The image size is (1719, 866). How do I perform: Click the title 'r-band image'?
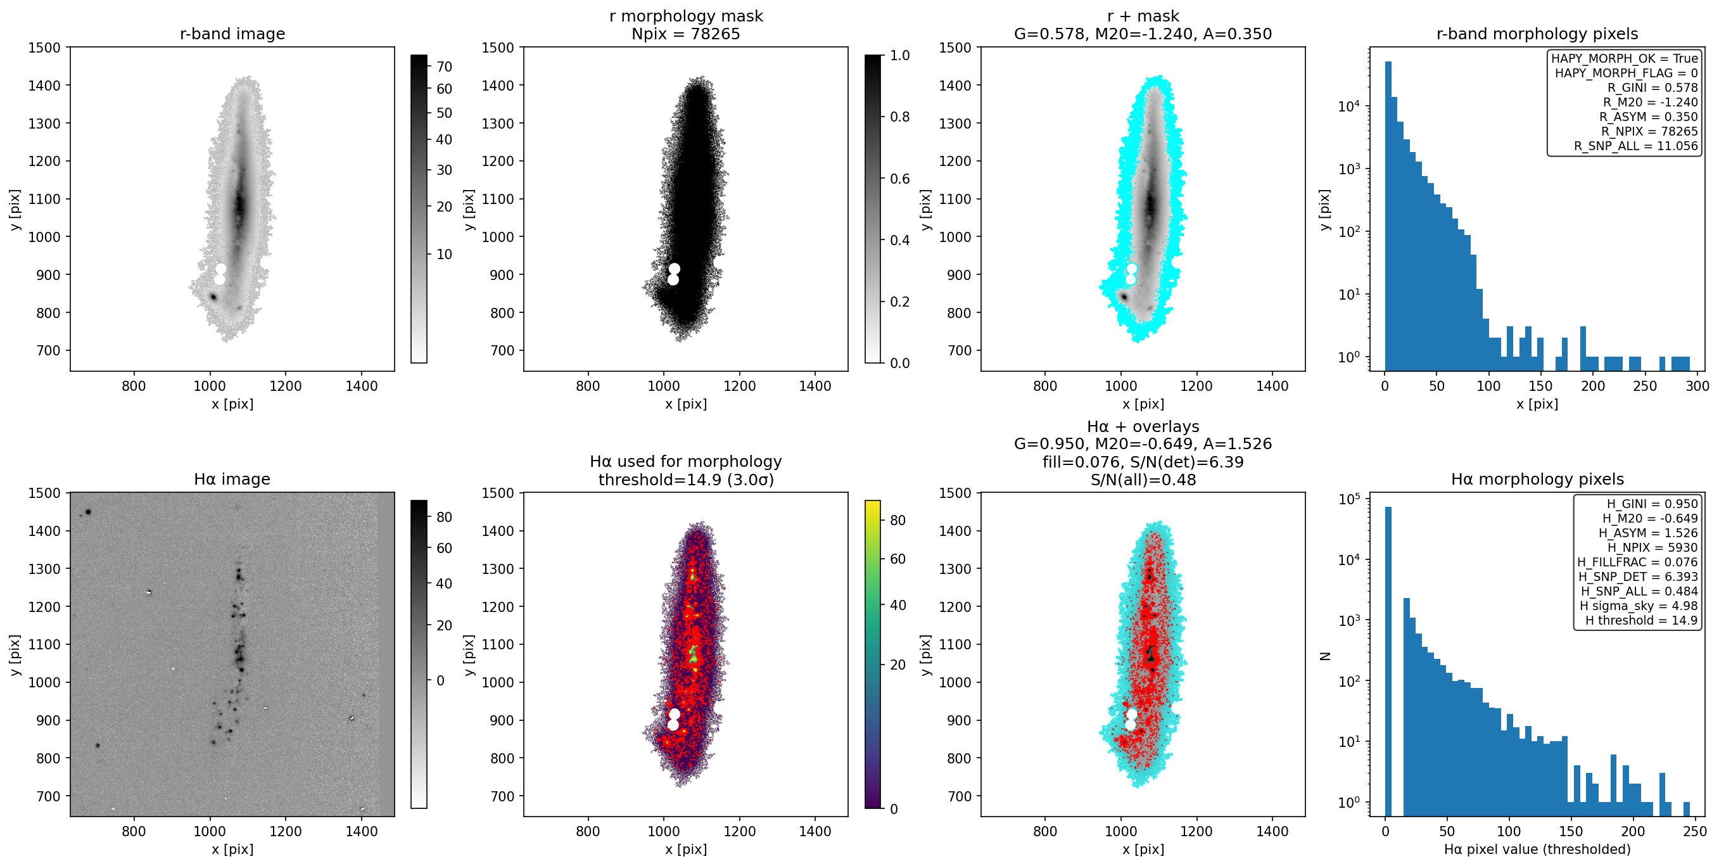pyautogui.click(x=232, y=34)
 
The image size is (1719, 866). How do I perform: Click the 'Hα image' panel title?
pyautogui.click(x=232, y=479)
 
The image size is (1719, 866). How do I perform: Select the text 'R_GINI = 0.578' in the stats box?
pyautogui.click(x=1652, y=87)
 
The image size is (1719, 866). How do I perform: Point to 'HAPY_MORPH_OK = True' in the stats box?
pyautogui.click(x=1624, y=58)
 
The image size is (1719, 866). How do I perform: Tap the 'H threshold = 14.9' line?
pyautogui.click(x=1642, y=620)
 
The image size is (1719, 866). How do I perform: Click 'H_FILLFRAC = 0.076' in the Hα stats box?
pyautogui.click(x=1637, y=562)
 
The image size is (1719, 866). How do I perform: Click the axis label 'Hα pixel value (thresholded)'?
pyautogui.click(x=1537, y=850)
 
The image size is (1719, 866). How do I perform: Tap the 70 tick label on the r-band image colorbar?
pyautogui.click(x=445, y=67)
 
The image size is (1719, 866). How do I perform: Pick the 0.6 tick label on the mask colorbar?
pyautogui.click(x=900, y=178)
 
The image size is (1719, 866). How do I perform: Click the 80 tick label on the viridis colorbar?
pyautogui.click(x=898, y=520)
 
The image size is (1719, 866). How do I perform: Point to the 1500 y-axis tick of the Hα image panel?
pyautogui.click(x=44, y=493)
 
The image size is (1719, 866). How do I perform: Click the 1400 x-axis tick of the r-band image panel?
pyautogui.click(x=362, y=386)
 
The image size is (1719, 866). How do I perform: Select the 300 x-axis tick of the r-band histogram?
pyautogui.click(x=1697, y=386)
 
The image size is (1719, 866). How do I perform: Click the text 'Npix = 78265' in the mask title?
pyautogui.click(x=686, y=34)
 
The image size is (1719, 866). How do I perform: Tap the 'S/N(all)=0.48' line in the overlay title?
pyautogui.click(x=1143, y=480)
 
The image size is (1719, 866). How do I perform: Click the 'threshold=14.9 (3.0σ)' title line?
pyautogui.click(x=686, y=480)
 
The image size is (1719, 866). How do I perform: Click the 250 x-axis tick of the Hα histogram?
pyautogui.click(x=1695, y=831)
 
